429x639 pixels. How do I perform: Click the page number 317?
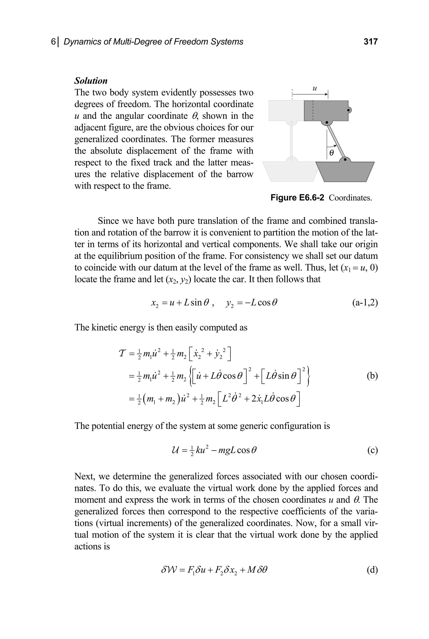[x=370, y=42]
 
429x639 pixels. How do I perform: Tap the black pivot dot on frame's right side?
[x=348, y=110]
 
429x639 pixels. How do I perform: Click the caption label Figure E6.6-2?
[x=297, y=198]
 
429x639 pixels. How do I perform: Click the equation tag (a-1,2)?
[x=365, y=303]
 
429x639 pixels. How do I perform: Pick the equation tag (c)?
[x=372, y=450]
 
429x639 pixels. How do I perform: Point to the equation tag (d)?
[x=372, y=570]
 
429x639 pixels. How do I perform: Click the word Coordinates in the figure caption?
[x=350, y=198]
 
